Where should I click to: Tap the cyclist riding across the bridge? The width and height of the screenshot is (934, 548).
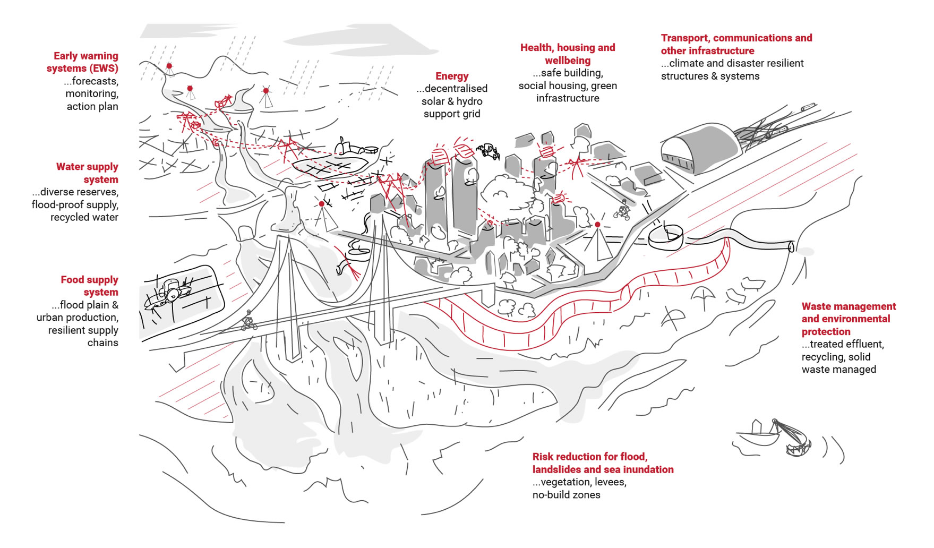pos(248,321)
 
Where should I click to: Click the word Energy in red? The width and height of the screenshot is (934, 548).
pos(452,76)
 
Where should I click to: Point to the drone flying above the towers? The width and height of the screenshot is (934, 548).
pos(489,151)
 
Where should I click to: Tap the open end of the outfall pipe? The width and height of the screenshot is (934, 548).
pos(791,247)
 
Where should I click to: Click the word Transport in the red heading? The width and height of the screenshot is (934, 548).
pos(684,38)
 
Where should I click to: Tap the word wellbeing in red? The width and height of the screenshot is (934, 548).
pos(568,61)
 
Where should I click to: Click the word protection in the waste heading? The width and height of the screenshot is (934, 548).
pos(826,332)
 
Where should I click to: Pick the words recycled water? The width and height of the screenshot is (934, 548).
pos(84,217)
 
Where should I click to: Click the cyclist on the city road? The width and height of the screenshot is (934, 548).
pos(622,210)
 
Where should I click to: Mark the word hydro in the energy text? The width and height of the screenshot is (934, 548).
pos(469,101)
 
